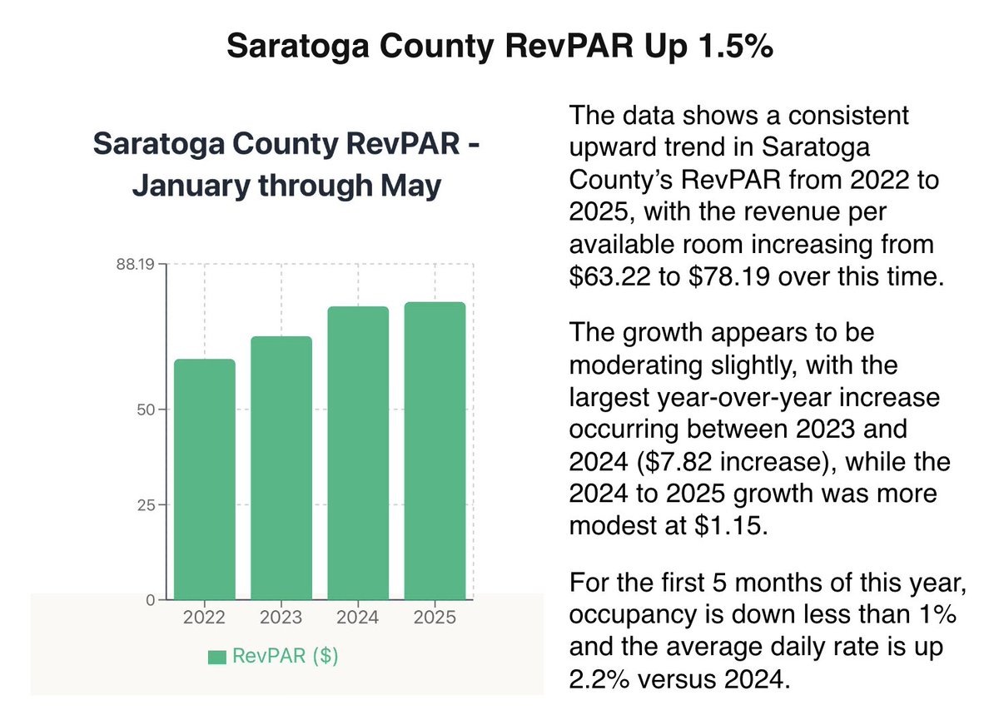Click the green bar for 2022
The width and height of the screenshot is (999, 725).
click(x=205, y=479)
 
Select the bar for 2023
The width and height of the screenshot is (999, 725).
click(x=281, y=467)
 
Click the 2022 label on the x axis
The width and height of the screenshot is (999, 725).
click(x=205, y=618)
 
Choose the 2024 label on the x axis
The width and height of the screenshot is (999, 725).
click(x=358, y=618)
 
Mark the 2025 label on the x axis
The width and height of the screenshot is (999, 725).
click(x=435, y=618)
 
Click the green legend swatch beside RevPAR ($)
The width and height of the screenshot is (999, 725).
click(x=217, y=658)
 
